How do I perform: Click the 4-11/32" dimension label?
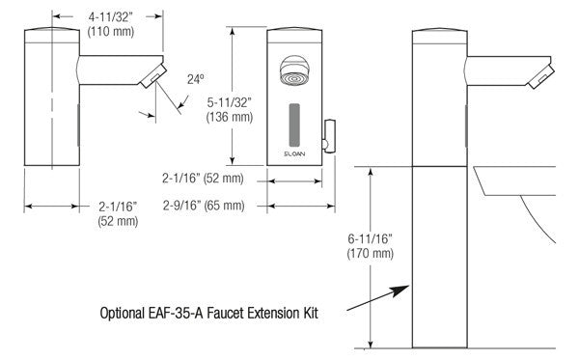coord(110,16)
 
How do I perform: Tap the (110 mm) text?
coord(110,32)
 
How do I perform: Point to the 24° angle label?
coord(195,79)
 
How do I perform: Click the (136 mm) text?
coord(230,117)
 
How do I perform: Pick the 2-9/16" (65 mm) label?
coord(204,206)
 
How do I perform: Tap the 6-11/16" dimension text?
coord(370,239)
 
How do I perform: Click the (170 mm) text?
coord(370,254)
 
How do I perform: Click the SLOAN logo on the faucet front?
coord(294,153)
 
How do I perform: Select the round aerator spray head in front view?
coord(294,70)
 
